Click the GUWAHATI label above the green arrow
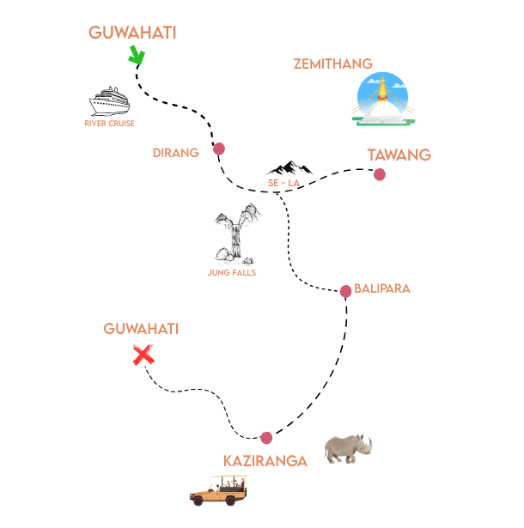click(x=132, y=33)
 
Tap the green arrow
click(x=136, y=55)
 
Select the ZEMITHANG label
click(x=332, y=64)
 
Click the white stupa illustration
click(x=382, y=99)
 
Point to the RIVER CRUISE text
click(x=109, y=124)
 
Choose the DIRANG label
click(x=175, y=153)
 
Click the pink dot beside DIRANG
click(x=219, y=149)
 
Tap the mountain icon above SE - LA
click(x=290, y=167)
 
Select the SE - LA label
click(x=283, y=183)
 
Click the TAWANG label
click(x=399, y=155)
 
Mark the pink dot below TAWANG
click(x=380, y=175)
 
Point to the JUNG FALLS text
click(x=232, y=273)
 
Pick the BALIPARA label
click(x=382, y=288)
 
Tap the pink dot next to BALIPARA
click(x=345, y=291)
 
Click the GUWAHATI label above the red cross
click(x=141, y=329)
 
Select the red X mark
click(x=143, y=355)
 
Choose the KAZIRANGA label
click(x=265, y=461)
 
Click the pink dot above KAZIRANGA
click(x=266, y=438)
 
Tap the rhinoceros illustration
click(x=348, y=448)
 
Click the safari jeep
click(x=219, y=490)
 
